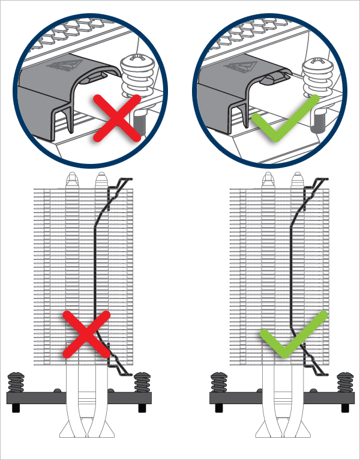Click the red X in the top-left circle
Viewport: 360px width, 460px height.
118,118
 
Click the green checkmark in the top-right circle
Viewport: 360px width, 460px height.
283,118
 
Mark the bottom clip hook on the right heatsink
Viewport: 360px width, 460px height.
316,363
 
